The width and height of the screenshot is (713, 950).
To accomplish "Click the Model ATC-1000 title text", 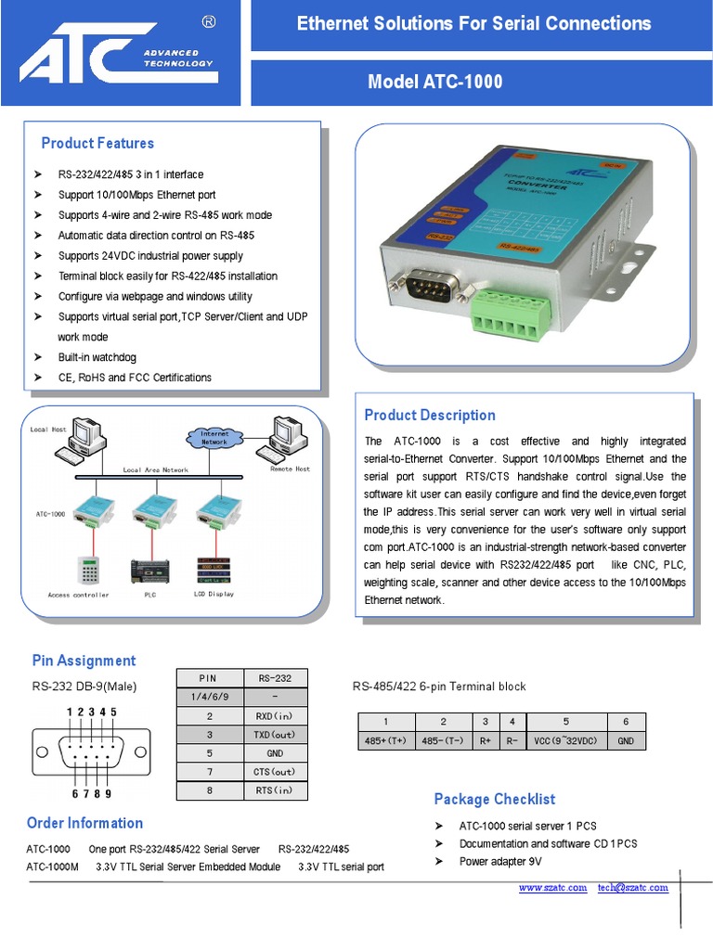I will point(434,82).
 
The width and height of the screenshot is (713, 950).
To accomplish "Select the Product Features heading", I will point(97,143).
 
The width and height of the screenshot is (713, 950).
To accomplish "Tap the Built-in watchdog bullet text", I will point(97,357).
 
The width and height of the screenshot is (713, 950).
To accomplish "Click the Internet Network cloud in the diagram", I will point(214,438).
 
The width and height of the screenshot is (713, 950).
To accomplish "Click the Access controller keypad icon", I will point(89,570).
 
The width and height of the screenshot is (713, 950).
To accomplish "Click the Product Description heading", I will point(429,415).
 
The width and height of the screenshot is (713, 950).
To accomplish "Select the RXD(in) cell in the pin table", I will point(275,716).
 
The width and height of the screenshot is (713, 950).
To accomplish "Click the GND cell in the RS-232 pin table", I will point(275,753).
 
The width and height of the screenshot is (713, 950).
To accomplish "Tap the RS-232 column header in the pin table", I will point(275,678).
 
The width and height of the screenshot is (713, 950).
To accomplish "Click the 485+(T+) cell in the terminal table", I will point(386,741).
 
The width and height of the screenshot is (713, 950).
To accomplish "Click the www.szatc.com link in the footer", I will point(552,888).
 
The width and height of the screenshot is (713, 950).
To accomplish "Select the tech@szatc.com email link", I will point(632,888).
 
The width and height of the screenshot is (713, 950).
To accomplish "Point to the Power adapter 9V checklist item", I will point(500,862).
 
